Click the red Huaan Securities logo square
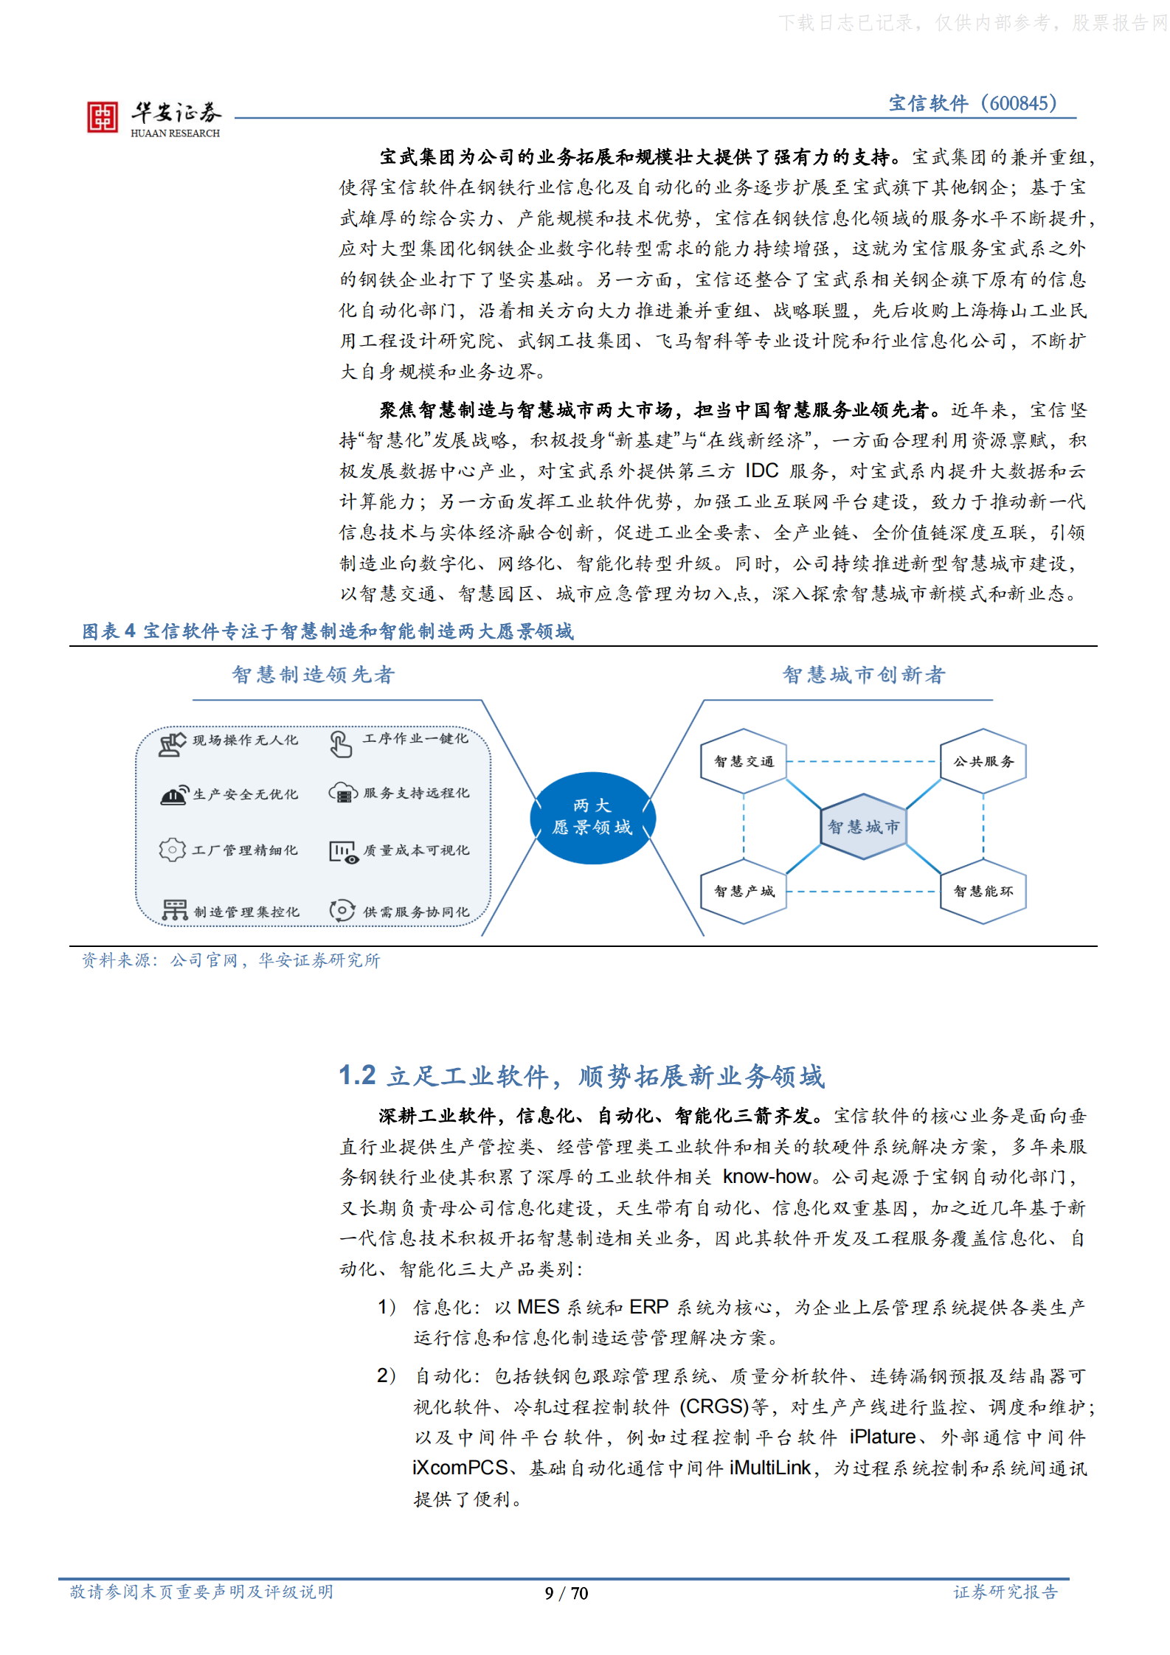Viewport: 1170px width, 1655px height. click(x=103, y=117)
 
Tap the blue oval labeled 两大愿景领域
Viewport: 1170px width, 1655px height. click(x=592, y=817)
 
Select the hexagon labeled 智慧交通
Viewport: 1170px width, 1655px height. click(x=744, y=761)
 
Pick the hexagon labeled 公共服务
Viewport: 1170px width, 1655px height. click(x=983, y=761)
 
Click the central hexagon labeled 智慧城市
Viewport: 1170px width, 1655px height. click(x=863, y=826)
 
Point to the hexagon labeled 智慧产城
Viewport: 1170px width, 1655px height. click(x=744, y=891)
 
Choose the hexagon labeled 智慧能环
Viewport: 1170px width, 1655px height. click(x=983, y=891)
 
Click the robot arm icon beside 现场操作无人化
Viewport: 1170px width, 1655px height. click(x=173, y=743)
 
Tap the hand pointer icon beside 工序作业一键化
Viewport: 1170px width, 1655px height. click(x=340, y=743)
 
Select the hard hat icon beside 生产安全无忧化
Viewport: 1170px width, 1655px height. click(x=173, y=795)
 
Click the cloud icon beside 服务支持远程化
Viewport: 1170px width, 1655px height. click(x=343, y=794)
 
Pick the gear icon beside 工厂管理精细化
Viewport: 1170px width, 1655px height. click(x=173, y=850)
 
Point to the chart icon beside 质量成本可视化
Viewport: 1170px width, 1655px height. click(x=343, y=851)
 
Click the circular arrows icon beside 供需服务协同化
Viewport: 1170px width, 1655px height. click(x=342, y=910)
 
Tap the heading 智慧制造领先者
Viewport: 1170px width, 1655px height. click(x=314, y=674)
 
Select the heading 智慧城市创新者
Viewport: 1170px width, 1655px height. click(x=864, y=674)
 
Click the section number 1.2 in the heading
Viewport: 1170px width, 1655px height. click(x=357, y=1075)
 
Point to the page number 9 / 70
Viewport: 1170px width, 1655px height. click(x=567, y=1593)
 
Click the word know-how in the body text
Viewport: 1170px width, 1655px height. click(x=766, y=1176)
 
